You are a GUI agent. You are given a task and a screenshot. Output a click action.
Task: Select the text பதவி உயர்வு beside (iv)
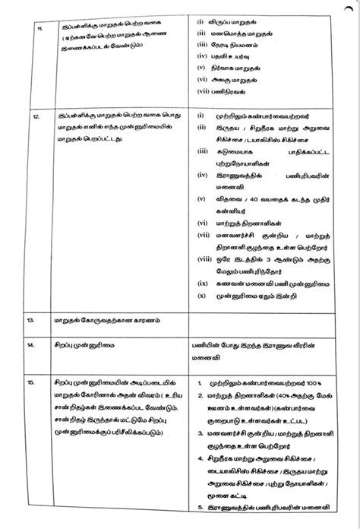click(x=236, y=77)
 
